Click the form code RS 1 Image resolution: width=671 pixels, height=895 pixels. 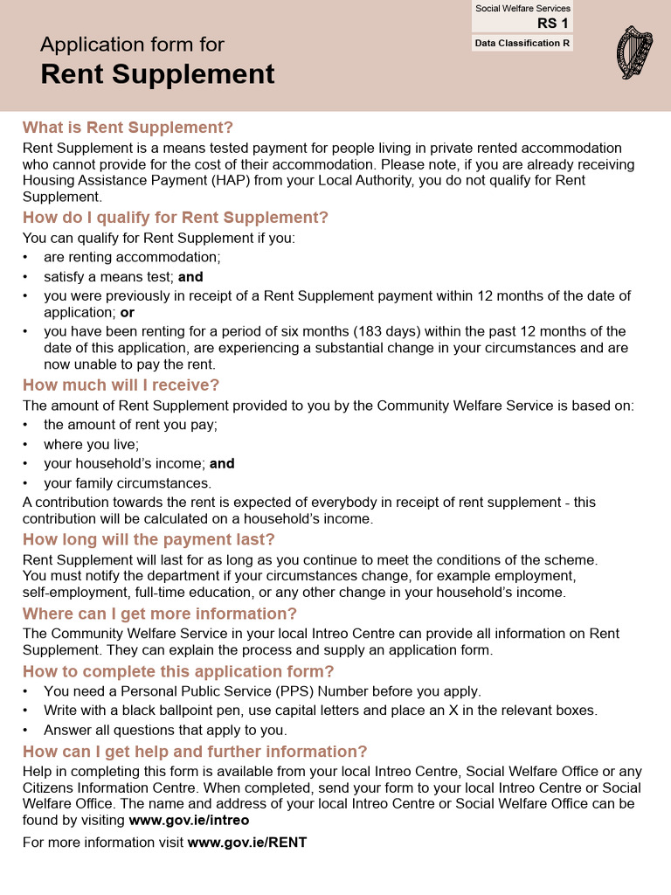[552, 24]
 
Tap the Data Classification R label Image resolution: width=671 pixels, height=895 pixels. [522, 43]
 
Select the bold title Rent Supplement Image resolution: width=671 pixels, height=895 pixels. [157, 74]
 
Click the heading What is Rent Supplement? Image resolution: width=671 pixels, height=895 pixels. [128, 128]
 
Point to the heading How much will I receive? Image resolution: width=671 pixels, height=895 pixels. [121, 385]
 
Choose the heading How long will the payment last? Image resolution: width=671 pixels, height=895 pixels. [149, 539]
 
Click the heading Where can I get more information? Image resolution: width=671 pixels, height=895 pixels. [160, 614]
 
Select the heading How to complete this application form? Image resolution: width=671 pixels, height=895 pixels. [178, 671]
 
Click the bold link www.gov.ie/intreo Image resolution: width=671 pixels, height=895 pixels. [189, 821]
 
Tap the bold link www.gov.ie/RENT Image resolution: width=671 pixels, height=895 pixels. [247, 843]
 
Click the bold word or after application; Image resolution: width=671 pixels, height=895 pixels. [128, 312]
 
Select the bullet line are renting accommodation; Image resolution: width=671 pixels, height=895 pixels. [132, 257]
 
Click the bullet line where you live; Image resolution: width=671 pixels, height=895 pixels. [91, 445]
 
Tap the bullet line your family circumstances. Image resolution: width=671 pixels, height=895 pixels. [128, 483]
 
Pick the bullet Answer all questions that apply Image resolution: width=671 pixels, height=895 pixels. [165, 730]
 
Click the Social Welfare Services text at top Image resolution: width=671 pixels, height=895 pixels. [522, 9]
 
